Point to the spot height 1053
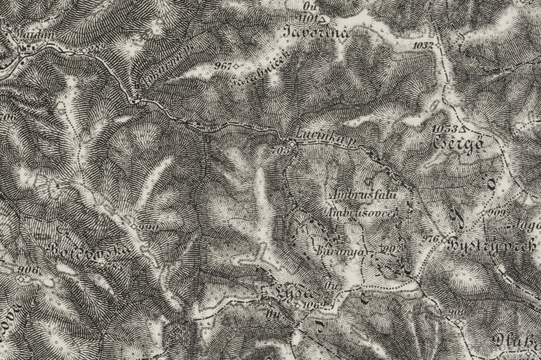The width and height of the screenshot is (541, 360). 444,127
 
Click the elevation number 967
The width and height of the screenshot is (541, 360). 221,66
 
